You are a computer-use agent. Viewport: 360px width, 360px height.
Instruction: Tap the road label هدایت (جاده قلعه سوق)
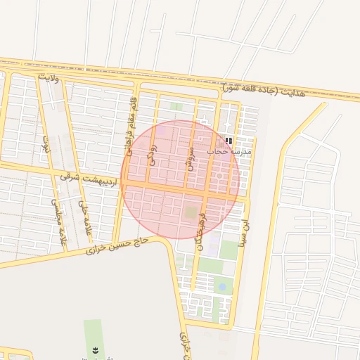pyautogui.click(x=264, y=91)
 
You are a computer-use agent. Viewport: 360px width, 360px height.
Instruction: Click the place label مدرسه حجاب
pyautogui.click(x=224, y=150)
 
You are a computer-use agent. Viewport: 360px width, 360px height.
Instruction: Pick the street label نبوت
pyautogui.click(x=46, y=144)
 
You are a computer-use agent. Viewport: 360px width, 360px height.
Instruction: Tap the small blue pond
pyautogui.click(x=222, y=287)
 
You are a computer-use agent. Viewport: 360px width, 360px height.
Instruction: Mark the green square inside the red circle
pyautogui.click(x=192, y=211)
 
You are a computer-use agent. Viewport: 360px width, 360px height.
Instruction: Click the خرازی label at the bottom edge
pyautogui.click(x=184, y=345)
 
